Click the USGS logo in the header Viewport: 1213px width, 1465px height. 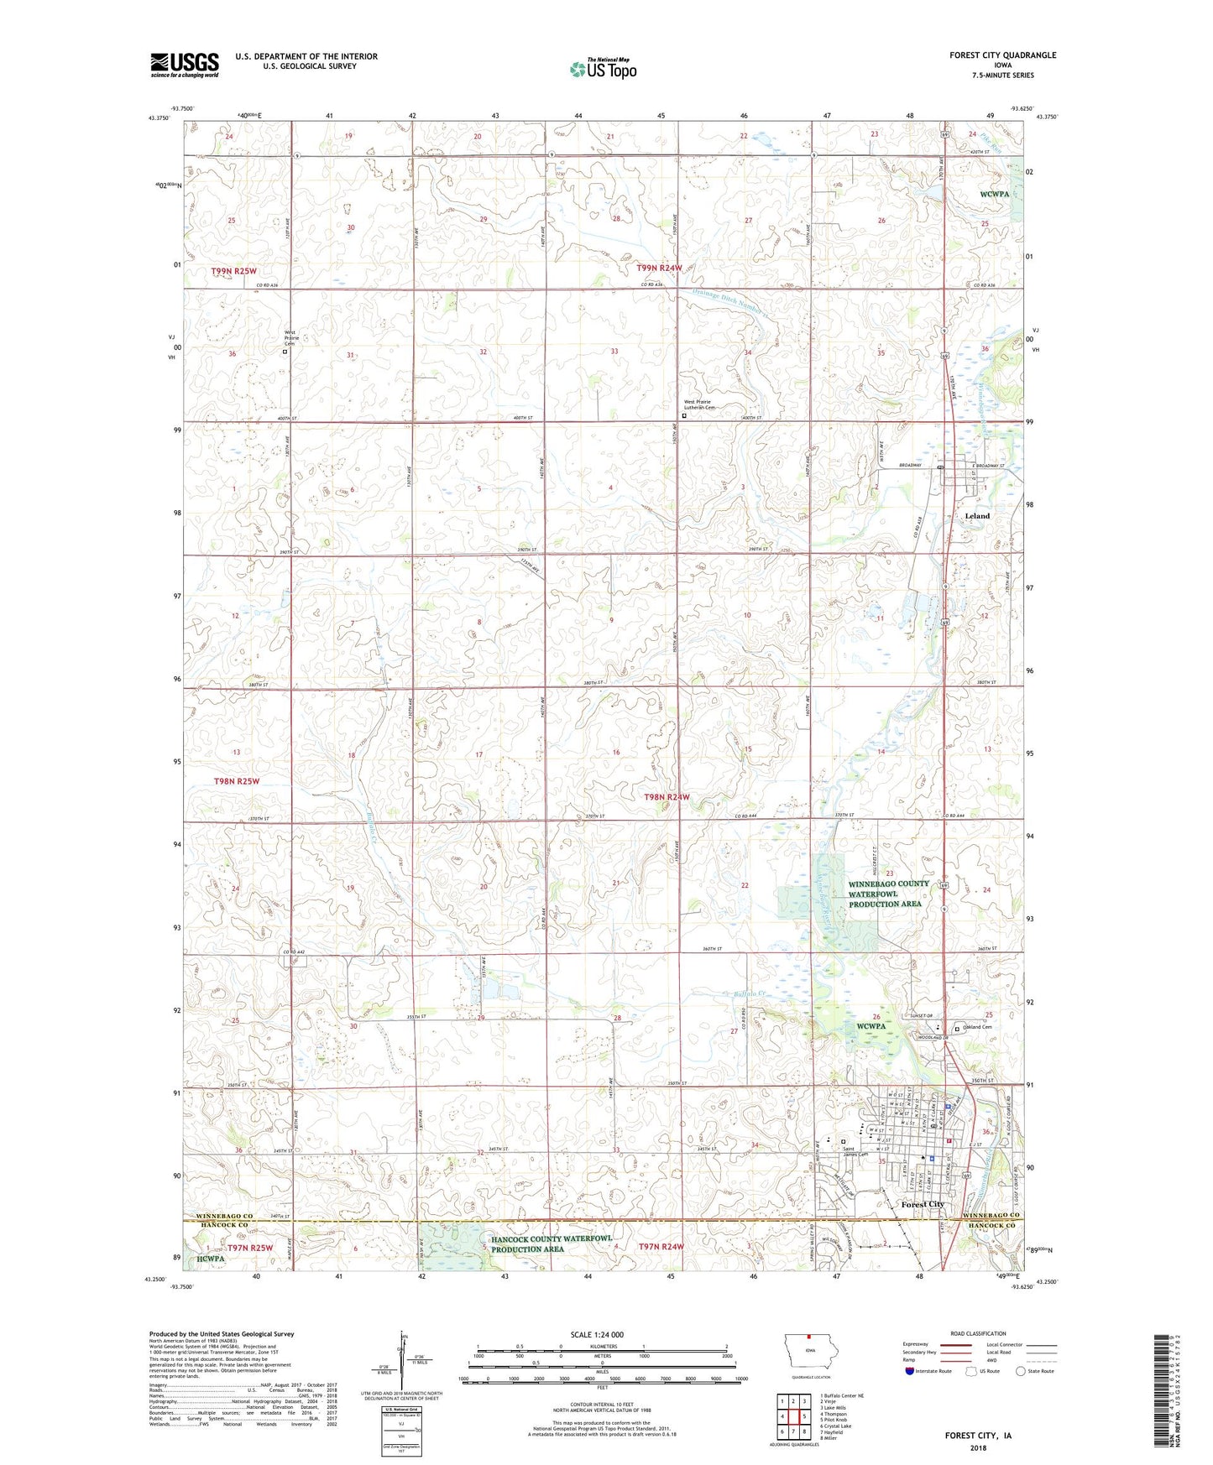[x=185, y=65]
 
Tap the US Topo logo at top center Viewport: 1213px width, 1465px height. [x=603, y=69]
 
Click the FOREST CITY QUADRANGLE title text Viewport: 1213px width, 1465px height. [x=1002, y=55]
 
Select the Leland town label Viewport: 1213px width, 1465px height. [x=977, y=516]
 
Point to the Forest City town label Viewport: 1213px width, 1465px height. [x=923, y=1204]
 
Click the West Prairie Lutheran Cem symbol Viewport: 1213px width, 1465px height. [x=684, y=414]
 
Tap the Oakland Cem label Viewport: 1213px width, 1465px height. [x=977, y=1027]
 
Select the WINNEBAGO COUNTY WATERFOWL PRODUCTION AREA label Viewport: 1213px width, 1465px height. [x=888, y=894]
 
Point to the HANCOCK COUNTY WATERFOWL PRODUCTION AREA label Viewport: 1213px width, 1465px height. [x=552, y=1243]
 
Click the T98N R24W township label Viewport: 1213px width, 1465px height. [x=667, y=796]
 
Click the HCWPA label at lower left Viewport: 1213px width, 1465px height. [x=211, y=1259]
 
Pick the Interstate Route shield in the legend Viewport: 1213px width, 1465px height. [x=910, y=1371]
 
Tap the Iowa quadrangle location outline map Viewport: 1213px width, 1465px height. [x=810, y=1351]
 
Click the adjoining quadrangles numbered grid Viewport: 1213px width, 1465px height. [x=793, y=1416]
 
